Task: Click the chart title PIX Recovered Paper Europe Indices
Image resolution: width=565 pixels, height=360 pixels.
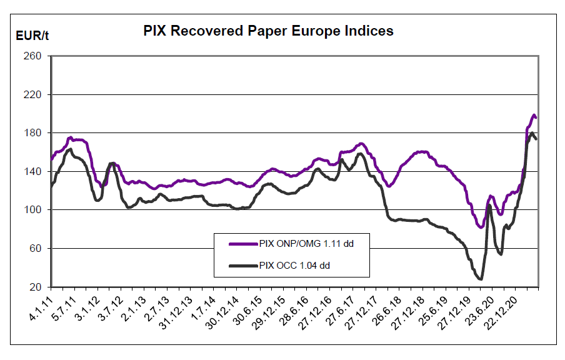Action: (x=268, y=31)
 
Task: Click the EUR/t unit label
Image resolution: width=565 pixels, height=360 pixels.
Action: (x=32, y=35)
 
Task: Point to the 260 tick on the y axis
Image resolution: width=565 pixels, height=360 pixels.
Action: (x=32, y=56)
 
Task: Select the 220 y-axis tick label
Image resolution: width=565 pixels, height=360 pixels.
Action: (x=32, y=95)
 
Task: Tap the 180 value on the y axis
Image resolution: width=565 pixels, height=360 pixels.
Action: (x=32, y=133)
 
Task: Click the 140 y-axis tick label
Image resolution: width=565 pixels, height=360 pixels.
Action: (x=32, y=172)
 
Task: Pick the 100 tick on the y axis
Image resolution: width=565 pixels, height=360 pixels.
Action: (x=32, y=210)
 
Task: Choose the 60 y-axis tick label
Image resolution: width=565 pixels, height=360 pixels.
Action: (x=35, y=249)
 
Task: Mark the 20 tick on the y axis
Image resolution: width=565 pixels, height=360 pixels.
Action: (x=35, y=287)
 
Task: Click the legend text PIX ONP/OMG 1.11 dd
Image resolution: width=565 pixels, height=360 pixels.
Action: (x=306, y=244)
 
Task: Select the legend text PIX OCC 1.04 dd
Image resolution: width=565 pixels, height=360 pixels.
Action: (x=294, y=266)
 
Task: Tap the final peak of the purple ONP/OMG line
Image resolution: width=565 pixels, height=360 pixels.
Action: (x=534, y=115)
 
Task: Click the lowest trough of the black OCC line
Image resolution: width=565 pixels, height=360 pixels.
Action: (x=480, y=279)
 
